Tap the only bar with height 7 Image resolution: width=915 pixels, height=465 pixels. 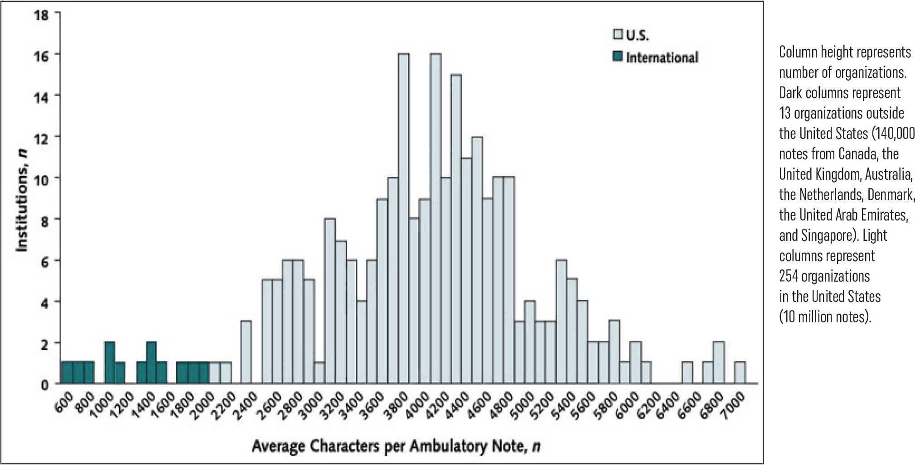pos(341,312)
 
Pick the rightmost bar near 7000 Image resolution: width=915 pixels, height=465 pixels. pos(740,373)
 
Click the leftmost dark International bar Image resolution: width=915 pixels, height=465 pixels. pos(67,373)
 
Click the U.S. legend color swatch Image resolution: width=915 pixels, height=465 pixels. pos(617,34)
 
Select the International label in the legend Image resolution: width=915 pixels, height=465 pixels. pos(662,58)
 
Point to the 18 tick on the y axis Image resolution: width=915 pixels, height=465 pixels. pos(41,15)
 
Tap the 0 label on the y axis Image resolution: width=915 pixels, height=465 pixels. pos(44,385)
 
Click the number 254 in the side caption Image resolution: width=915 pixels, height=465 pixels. pos(789,276)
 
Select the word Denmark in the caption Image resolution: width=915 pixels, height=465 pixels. pos(889,195)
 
